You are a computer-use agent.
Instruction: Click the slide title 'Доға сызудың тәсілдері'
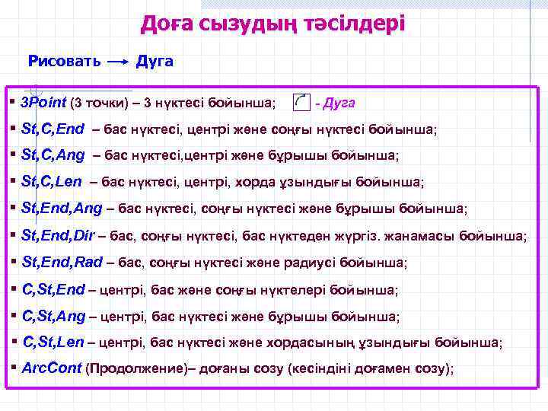tap(273, 24)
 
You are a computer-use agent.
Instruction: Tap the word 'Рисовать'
tap(65, 61)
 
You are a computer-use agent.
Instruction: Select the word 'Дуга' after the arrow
tap(155, 61)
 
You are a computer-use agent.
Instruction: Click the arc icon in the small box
tap(301, 102)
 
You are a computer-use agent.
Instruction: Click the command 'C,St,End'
tap(54, 289)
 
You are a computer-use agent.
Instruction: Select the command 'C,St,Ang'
tap(54, 316)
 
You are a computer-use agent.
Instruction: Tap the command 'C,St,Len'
tap(53, 342)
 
